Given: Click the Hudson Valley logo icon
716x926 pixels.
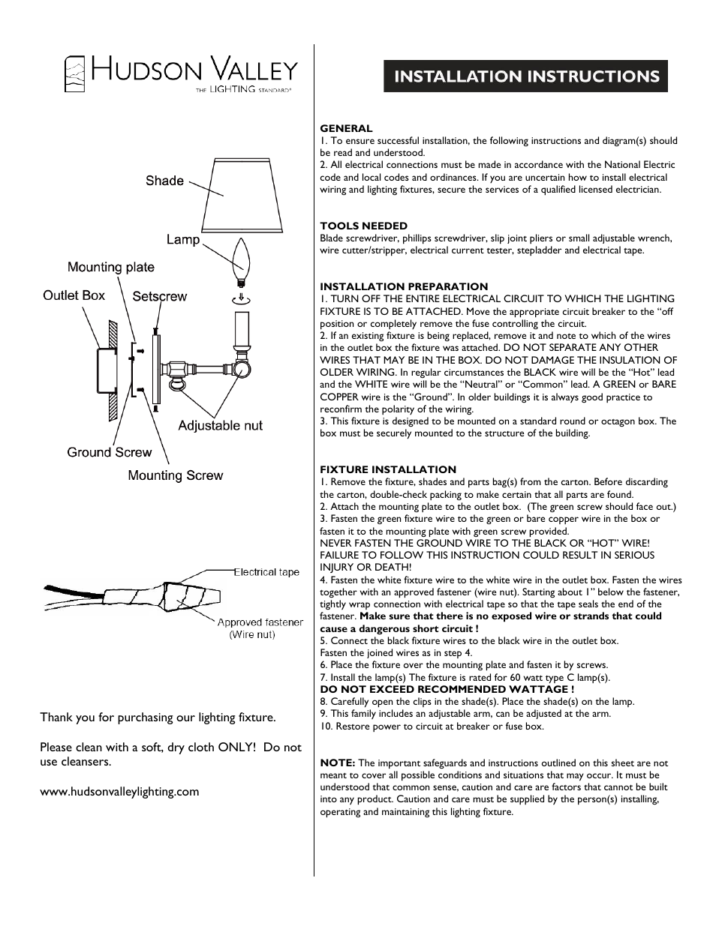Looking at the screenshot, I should click(x=74, y=74).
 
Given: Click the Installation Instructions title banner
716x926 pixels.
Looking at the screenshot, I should click(x=525, y=76).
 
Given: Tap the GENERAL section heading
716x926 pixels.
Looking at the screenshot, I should click(x=346, y=128).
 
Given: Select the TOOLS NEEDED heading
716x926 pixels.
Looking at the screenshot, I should click(x=363, y=226).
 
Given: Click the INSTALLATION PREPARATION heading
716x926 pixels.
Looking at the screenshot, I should click(x=404, y=286).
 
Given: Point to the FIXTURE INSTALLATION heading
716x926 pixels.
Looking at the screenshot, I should click(x=388, y=469).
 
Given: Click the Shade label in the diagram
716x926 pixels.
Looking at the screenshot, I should click(x=164, y=181).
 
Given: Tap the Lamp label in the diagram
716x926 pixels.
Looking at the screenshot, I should click(x=183, y=240).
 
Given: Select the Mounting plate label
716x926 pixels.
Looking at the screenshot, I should click(x=111, y=268).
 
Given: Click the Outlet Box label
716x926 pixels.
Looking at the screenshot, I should click(x=74, y=295).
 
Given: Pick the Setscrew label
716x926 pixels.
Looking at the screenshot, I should click(x=160, y=297).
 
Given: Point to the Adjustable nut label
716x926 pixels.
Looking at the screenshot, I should click(x=220, y=426).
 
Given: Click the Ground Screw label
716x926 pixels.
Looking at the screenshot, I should click(x=109, y=452).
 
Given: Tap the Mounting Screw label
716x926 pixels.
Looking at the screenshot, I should click(x=175, y=475).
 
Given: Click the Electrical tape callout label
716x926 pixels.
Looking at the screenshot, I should click(x=266, y=572).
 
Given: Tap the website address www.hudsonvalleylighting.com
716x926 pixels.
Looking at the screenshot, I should click(x=119, y=791).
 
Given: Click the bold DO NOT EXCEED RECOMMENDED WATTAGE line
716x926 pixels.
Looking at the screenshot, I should click(x=447, y=689).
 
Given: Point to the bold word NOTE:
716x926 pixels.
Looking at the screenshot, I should click(x=338, y=763).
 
